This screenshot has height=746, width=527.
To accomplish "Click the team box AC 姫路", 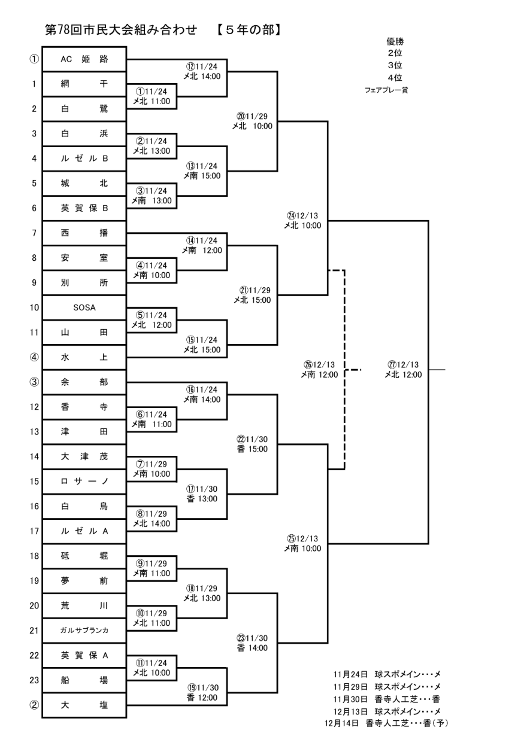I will point(84,59).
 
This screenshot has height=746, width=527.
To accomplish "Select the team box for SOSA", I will point(84,307).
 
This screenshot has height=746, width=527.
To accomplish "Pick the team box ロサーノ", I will point(84,481).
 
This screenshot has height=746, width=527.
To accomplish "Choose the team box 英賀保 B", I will point(84,208).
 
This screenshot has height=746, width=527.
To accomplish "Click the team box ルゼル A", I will point(84,531).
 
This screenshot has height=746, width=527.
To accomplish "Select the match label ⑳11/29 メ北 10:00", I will point(254,121).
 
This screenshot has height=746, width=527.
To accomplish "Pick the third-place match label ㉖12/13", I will point(320,370).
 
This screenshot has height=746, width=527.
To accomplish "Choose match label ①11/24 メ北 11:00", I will point(152,96).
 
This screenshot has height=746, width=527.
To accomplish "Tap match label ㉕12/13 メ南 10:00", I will point(303,543).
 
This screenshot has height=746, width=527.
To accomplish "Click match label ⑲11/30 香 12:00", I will point(201,692).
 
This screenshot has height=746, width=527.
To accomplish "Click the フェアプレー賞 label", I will point(386,90).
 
